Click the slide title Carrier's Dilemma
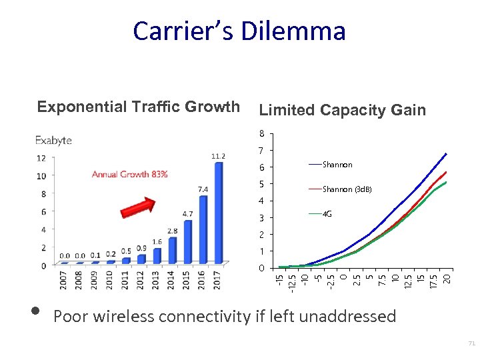click(x=239, y=31)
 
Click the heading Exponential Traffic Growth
click(x=138, y=107)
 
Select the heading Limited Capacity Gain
click(x=342, y=110)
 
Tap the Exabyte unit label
click(x=53, y=141)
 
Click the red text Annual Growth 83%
click(x=129, y=175)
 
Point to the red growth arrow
click(x=137, y=204)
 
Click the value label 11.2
click(x=218, y=156)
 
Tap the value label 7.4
click(x=203, y=189)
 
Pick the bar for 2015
click(x=187, y=241)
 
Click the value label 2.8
click(x=172, y=231)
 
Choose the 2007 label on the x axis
click(x=64, y=280)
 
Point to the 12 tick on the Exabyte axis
click(x=41, y=158)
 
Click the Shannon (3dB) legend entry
click(x=346, y=189)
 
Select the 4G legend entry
click(x=327, y=214)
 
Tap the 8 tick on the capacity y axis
click(x=262, y=133)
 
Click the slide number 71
click(x=471, y=344)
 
